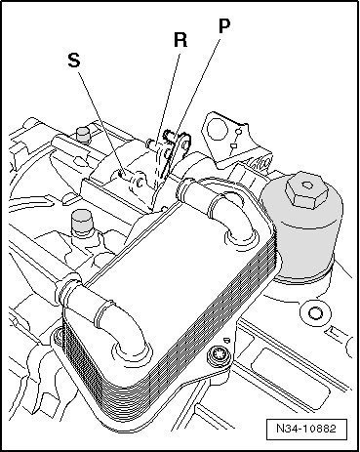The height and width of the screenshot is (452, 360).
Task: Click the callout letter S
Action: pyautogui.click(x=74, y=61)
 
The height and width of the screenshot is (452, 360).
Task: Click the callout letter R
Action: pyautogui.click(x=180, y=40)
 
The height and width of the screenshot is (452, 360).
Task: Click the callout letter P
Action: pyautogui.click(x=224, y=26)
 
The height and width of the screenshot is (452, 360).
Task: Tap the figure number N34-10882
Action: pyautogui.click(x=306, y=429)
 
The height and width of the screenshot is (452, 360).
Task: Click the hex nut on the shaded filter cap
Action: pyautogui.click(x=307, y=188)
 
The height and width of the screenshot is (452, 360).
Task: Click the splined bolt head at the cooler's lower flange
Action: pyautogui.click(x=217, y=354)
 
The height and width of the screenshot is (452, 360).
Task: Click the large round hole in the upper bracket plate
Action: pyautogui.click(x=217, y=129)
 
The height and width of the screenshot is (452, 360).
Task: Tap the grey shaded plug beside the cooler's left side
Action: pyautogui.click(x=82, y=223)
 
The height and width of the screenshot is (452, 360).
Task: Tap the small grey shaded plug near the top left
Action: pyautogui.click(x=82, y=135)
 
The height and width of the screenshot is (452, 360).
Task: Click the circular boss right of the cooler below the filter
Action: pyautogui.click(x=315, y=313)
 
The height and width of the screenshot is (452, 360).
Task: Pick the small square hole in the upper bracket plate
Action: pyautogui.click(x=233, y=145)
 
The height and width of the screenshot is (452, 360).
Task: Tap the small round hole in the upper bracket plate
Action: pyautogui.click(x=238, y=132)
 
